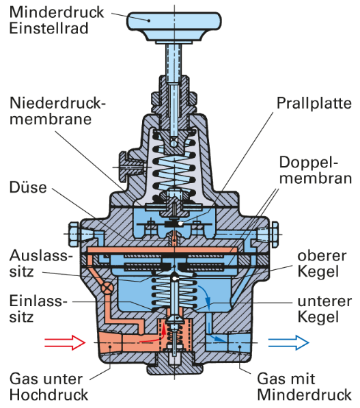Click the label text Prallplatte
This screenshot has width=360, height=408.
(314, 104)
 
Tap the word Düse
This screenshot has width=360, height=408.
(28, 187)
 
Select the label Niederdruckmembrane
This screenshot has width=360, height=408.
(57, 111)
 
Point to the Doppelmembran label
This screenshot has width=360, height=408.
(316, 170)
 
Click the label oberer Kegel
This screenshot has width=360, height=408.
(322, 264)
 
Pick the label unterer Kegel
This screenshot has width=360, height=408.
(324, 309)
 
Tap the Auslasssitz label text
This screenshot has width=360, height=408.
(40, 263)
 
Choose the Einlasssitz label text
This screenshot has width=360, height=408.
(38, 309)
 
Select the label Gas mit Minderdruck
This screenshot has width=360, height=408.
(305, 387)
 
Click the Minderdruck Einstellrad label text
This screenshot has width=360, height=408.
(57, 21)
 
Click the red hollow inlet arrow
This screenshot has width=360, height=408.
(65, 342)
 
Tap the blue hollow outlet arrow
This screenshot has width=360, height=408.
(289, 342)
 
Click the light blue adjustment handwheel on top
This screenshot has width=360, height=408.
(174, 27)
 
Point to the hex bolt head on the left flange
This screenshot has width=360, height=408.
(74, 234)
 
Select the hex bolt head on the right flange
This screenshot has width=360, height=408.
(275, 234)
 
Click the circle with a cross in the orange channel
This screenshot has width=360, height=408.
(107, 288)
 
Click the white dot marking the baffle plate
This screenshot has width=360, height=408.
(180, 223)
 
